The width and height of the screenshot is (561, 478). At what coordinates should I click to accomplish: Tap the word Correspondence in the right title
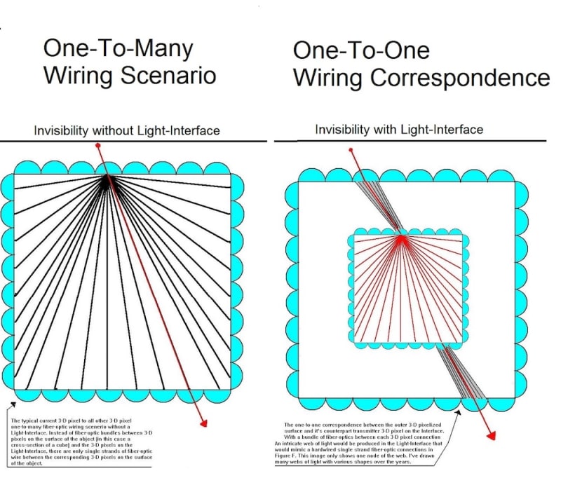[x=459, y=77]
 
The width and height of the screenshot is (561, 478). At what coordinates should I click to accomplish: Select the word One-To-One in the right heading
[x=360, y=50]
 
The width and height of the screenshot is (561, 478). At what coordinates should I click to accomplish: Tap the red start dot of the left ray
[x=97, y=145]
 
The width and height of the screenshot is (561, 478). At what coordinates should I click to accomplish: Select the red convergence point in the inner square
[x=401, y=238]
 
